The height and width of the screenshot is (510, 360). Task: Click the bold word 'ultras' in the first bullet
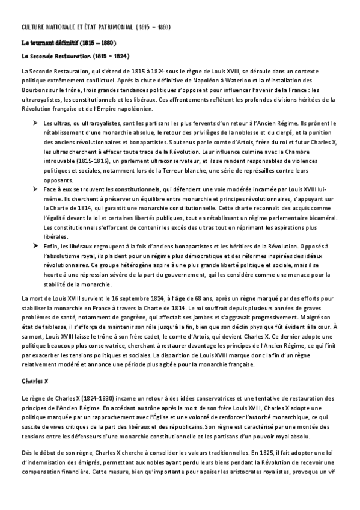coord(61,123)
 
